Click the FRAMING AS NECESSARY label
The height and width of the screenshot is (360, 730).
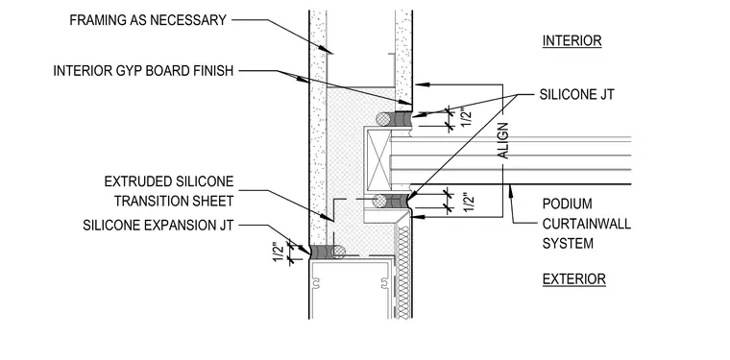click(x=148, y=20)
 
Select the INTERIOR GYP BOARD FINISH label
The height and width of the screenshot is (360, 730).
click(x=143, y=71)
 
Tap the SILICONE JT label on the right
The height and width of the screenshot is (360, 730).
click(x=577, y=94)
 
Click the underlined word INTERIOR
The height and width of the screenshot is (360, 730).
click(x=572, y=41)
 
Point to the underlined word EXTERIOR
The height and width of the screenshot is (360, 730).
click(x=574, y=279)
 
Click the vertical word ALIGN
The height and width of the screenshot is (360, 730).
click(x=503, y=140)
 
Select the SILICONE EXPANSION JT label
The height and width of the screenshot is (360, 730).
click(x=158, y=225)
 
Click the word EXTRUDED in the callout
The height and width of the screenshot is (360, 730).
click(x=137, y=180)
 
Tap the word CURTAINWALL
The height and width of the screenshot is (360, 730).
click(x=587, y=224)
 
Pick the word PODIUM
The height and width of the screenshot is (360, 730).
click(x=568, y=204)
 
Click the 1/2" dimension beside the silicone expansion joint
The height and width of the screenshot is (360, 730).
click(x=279, y=252)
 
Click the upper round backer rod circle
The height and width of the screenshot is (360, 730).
click(x=383, y=119)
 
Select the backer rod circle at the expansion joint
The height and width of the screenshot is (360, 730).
click(x=338, y=252)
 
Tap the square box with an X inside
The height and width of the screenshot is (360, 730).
click(x=378, y=159)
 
